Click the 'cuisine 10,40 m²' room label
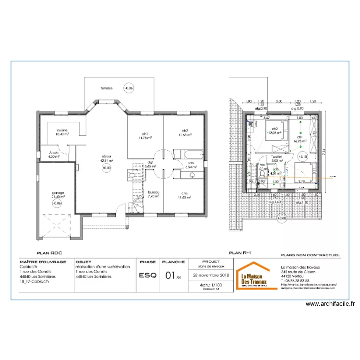tap(61, 132)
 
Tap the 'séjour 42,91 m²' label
tap(107, 158)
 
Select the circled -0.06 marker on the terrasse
tap(128, 88)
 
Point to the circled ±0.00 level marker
tap(107, 168)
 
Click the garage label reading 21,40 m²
tap(58, 195)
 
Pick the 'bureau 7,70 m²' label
tap(153, 194)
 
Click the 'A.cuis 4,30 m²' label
tap(54, 154)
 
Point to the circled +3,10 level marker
tap(302, 156)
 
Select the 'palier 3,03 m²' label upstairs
tap(276, 158)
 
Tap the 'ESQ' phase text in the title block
tap(146, 276)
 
